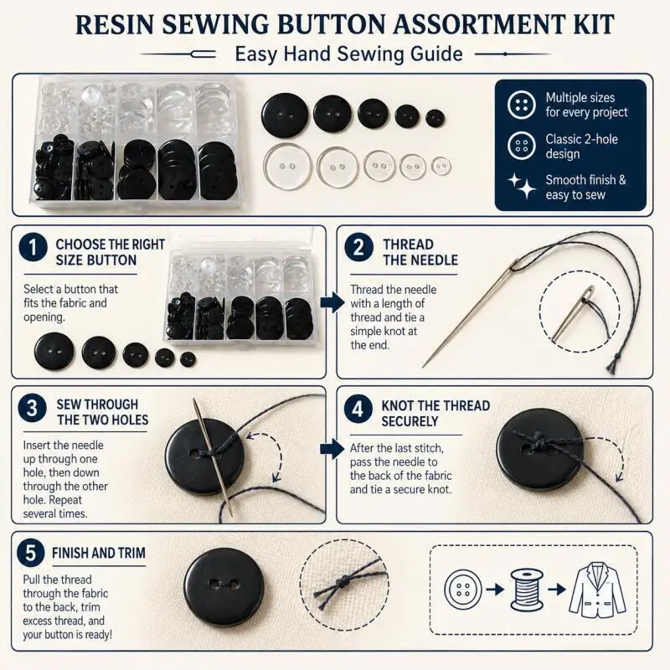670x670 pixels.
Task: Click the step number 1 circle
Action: [33, 247]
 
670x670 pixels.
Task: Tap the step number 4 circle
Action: [358, 409]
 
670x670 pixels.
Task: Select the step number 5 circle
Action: [31, 553]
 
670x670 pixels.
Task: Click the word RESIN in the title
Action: [115, 24]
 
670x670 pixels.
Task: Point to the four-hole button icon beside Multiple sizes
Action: [521, 105]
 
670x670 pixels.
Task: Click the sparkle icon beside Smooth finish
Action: [522, 186]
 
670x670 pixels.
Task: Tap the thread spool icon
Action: [527, 590]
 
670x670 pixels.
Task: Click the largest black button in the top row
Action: [285, 115]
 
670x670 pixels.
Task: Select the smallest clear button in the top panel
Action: [441, 166]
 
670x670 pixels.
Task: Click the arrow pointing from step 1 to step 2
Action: [332, 302]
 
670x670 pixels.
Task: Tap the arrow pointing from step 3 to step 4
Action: [332, 448]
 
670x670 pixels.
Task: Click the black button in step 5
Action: [224, 587]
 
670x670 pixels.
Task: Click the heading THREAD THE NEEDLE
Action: [420, 252]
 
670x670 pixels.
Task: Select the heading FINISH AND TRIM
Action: [99, 553]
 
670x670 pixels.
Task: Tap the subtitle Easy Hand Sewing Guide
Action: [348, 54]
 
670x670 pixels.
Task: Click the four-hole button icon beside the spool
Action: [463, 590]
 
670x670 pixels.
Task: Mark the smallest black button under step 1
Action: [188, 359]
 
